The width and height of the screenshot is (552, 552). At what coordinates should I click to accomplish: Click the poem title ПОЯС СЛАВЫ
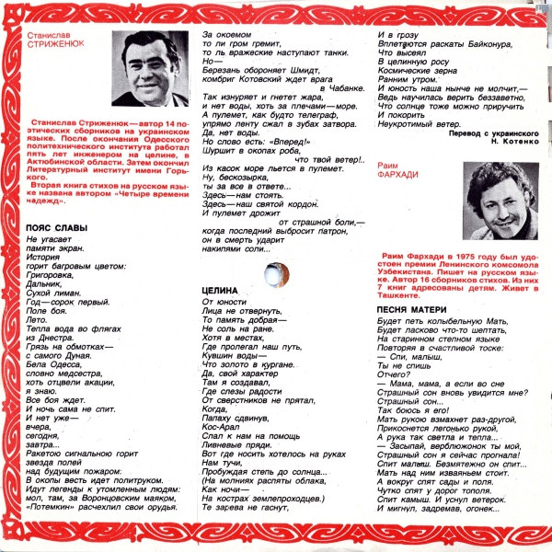coord(57,227)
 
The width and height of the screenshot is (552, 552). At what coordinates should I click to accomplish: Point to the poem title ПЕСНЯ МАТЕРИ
coord(413,308)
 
